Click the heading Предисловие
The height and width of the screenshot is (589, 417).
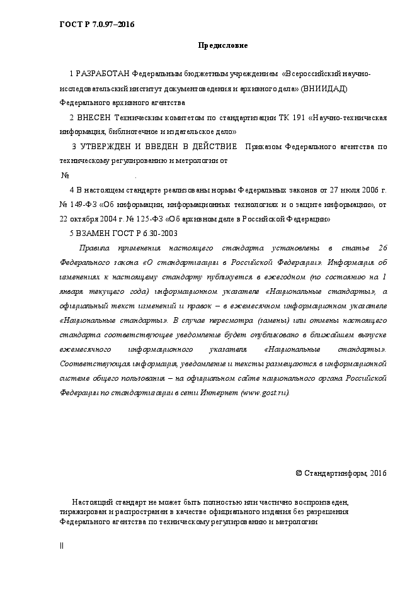pyautogui.click(x=223, y=45)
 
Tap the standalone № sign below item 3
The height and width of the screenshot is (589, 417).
pyautogui.click(x=64, y=176)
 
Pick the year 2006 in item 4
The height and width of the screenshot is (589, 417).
pyautogui.click(x=370, y=190)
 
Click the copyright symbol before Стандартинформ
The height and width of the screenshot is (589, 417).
pyautogui.click(x=299, y=473)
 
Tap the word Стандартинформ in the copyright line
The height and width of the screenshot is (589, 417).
pyautogui.click(x=334, y=473)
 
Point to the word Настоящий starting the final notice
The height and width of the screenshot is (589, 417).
pyautogui.click(x=91, y=502)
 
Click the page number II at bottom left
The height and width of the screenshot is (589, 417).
pyautogui.click(x=62, y=546)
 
